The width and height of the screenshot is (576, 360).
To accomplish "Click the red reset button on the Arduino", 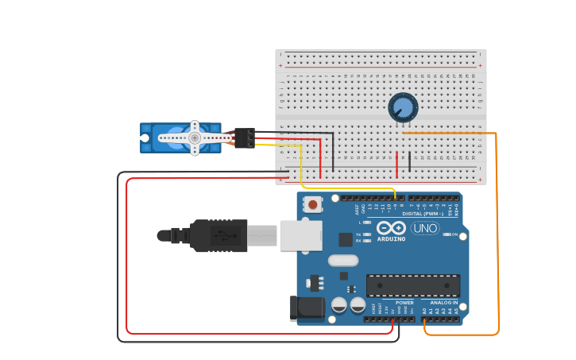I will (313, 204).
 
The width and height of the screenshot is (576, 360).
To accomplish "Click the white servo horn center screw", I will (194, 137).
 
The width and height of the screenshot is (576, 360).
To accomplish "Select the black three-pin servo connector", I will (245, 137).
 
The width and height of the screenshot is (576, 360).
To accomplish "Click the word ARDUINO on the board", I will (391, 238).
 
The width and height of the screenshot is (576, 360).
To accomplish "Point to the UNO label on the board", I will (425, 228).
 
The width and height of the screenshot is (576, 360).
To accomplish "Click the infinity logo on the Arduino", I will (391, 227).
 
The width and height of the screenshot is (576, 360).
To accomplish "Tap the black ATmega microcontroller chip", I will (412, 285).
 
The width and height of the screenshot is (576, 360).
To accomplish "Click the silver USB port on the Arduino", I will (302, 235).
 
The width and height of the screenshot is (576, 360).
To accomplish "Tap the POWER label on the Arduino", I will (404, 302).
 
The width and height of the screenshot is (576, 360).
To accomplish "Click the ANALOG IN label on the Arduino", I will (444, 302).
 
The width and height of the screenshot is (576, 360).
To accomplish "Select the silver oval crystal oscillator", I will (343, 260).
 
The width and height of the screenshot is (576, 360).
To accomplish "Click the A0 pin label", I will (427, 311).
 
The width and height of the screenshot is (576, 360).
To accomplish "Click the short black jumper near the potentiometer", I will (409, 161).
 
